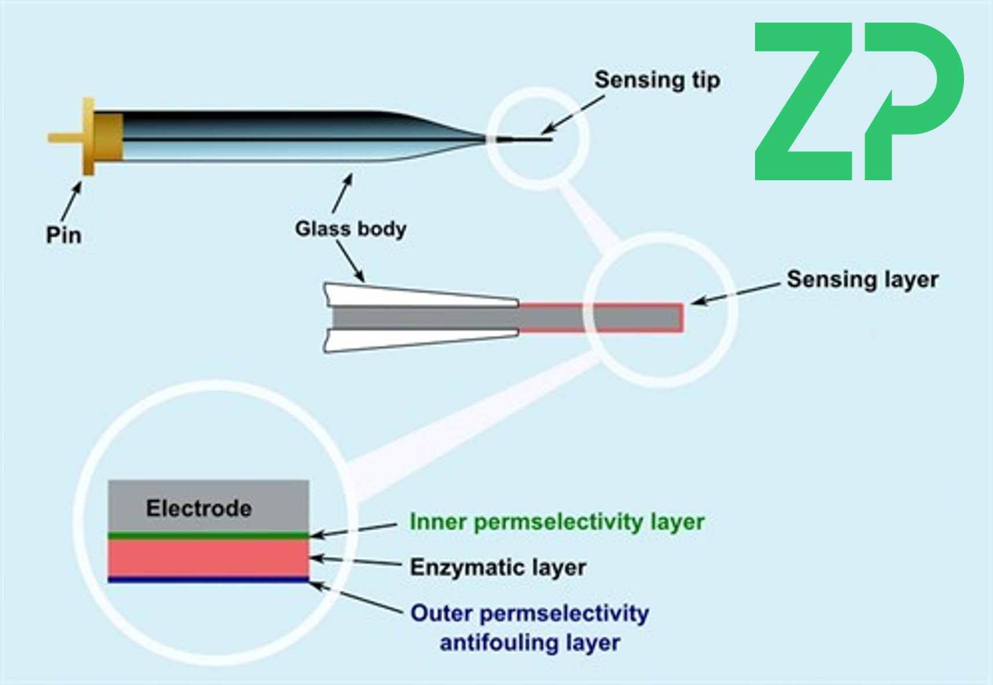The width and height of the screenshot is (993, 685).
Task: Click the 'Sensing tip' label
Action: (657, 80)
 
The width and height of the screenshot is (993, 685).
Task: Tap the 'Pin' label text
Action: (63, 235)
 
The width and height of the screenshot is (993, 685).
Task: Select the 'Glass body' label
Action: (350, 228)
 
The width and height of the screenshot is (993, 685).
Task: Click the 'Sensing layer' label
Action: (862, 279)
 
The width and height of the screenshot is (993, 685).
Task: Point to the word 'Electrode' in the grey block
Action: (199, 508)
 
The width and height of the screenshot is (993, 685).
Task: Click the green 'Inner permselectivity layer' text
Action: (556, 522)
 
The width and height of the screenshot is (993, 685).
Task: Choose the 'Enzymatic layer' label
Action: (498, 567)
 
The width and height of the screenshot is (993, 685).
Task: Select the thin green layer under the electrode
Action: (208, 536)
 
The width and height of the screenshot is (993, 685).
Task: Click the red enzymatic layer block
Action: (208, 558)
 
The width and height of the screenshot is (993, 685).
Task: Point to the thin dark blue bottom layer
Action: (208, 580)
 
